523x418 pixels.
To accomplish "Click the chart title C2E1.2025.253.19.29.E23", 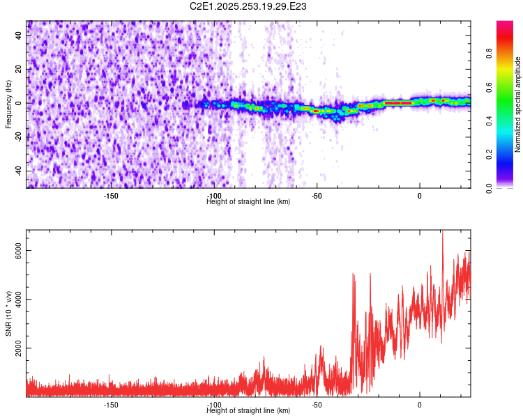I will point(248,6).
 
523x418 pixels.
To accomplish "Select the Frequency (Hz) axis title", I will point(9,104).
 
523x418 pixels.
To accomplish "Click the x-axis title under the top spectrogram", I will point(248,202).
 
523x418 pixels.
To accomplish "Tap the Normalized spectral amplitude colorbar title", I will point(518,104).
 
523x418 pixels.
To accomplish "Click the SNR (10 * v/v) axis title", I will point(9,313).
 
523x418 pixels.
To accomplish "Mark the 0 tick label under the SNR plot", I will point(420,405).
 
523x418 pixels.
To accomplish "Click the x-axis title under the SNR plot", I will point(248,411).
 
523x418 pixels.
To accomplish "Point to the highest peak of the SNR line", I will point(442,231).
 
